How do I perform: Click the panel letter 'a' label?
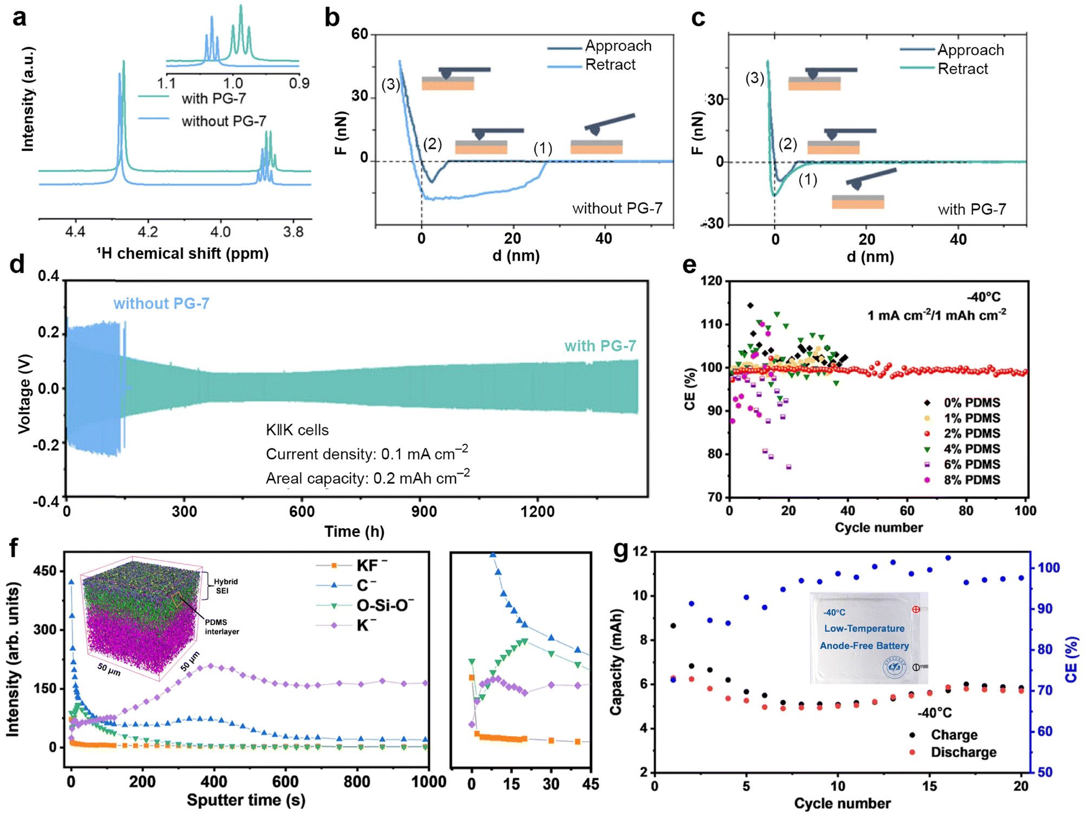point(19,17)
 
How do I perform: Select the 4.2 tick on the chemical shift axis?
point(147,232)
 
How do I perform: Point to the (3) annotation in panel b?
point(390,84)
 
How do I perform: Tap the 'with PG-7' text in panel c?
point(972,209)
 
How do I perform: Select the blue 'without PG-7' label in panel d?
point(161,304)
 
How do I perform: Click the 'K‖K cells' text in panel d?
point(297,430)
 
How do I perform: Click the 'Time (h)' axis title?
point(354,531)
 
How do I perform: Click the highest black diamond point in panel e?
point(750,305)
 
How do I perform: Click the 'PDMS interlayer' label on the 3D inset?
point(222,627)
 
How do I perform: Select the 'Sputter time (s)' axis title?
point(246,800)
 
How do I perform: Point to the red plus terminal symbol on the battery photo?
point(916,609)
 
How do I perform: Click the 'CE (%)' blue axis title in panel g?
point(1072,660)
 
